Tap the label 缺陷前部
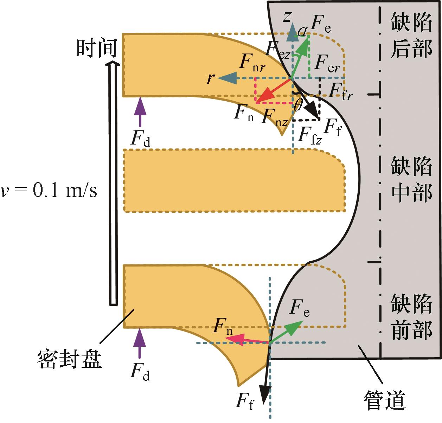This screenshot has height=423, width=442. pyautogui.click(x=411, y=317)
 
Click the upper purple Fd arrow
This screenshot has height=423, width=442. pyautogui.click(x=140, y=112)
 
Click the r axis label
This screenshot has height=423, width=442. pyautogui.click(x=210, y=78)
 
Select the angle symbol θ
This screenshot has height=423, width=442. pyautogui.click(x=297, y=105)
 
